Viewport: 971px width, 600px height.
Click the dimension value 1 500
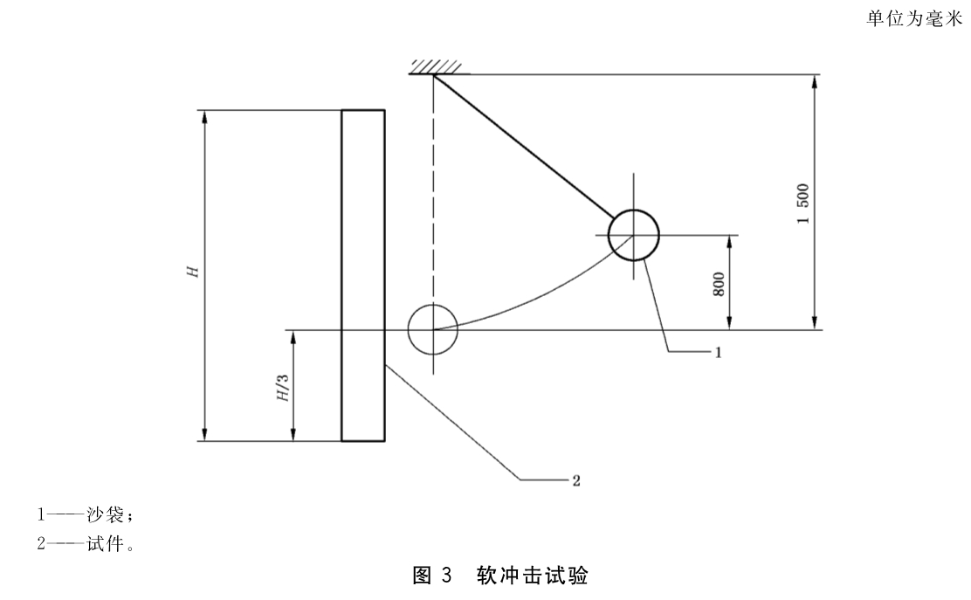pos(803,203)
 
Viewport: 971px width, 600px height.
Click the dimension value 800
pos(719,284)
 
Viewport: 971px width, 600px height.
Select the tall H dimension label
pos(194,272)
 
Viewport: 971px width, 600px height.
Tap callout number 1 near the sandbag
pos(719,352)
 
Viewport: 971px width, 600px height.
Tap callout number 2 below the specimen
pos(576,480)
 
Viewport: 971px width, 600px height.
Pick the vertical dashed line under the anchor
pos(433,189)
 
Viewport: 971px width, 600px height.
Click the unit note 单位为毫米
pos(914,19)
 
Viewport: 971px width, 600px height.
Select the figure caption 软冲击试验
pos(532,576)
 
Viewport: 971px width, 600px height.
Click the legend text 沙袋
pos(106,514)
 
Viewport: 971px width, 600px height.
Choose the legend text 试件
pos(106,543)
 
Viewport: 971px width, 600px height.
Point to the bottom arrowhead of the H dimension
pos(203,433)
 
